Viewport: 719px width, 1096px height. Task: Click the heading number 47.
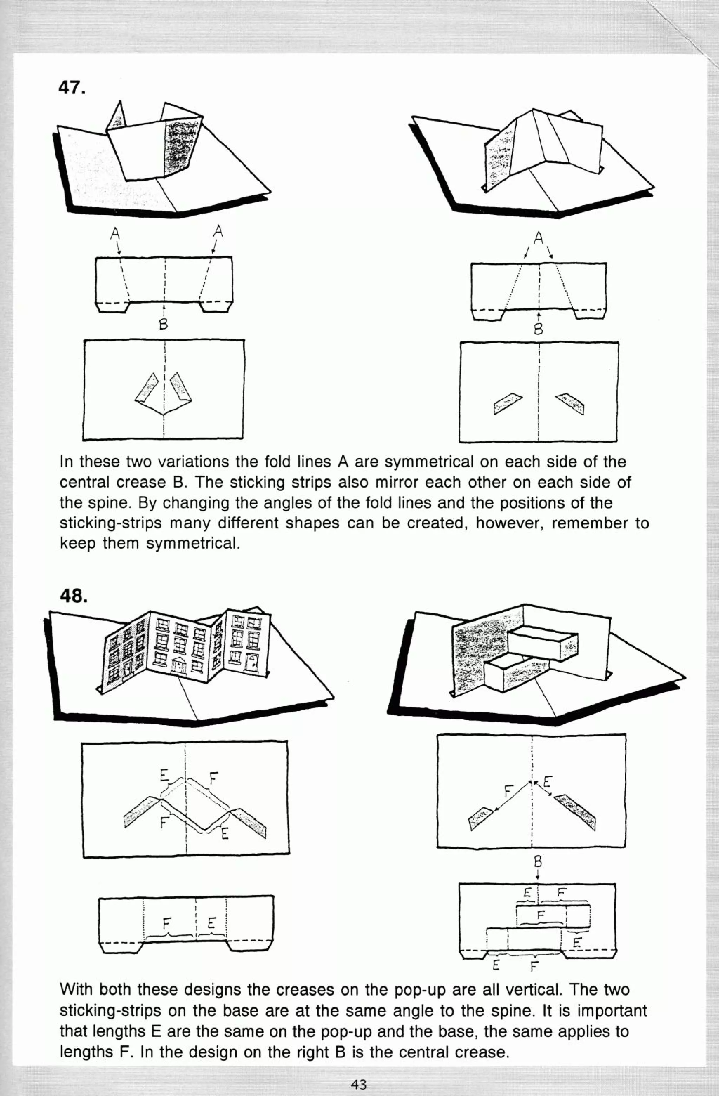(72, 87)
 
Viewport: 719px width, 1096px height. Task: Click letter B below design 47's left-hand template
(163, 324)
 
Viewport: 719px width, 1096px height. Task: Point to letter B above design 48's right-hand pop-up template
(537, 862)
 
